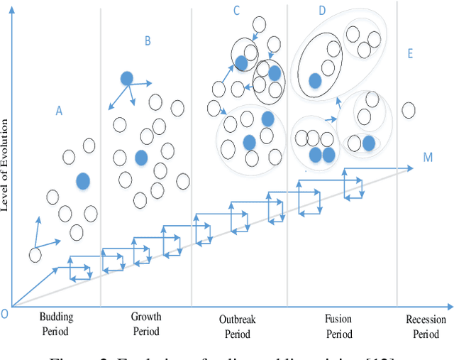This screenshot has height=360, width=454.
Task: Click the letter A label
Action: coord(60,110)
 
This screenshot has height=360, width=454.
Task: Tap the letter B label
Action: coord(148,41)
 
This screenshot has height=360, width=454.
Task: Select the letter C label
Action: coord(236,10)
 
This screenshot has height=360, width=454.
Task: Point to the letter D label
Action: coord(322,11)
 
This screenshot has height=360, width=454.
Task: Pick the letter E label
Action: coord(410,54)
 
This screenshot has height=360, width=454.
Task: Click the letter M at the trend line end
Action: coord(428,157)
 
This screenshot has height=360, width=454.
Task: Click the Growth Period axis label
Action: coord(146,324)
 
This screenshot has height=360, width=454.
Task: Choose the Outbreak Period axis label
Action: coord(238,327)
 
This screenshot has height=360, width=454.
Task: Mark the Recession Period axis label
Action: coord(426,327)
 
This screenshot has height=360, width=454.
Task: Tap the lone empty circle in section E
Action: coord(408,110)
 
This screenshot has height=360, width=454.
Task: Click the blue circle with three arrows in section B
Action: coord(126,78)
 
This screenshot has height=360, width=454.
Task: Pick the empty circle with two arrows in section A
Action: coord(35,254)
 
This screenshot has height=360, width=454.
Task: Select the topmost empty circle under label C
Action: coord(259,25)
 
